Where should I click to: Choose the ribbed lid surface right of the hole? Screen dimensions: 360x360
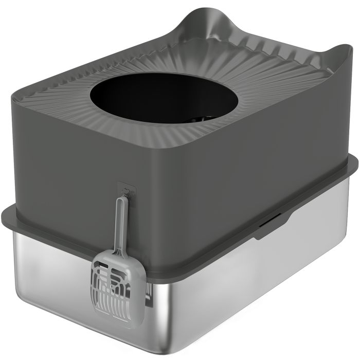point(226,103)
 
